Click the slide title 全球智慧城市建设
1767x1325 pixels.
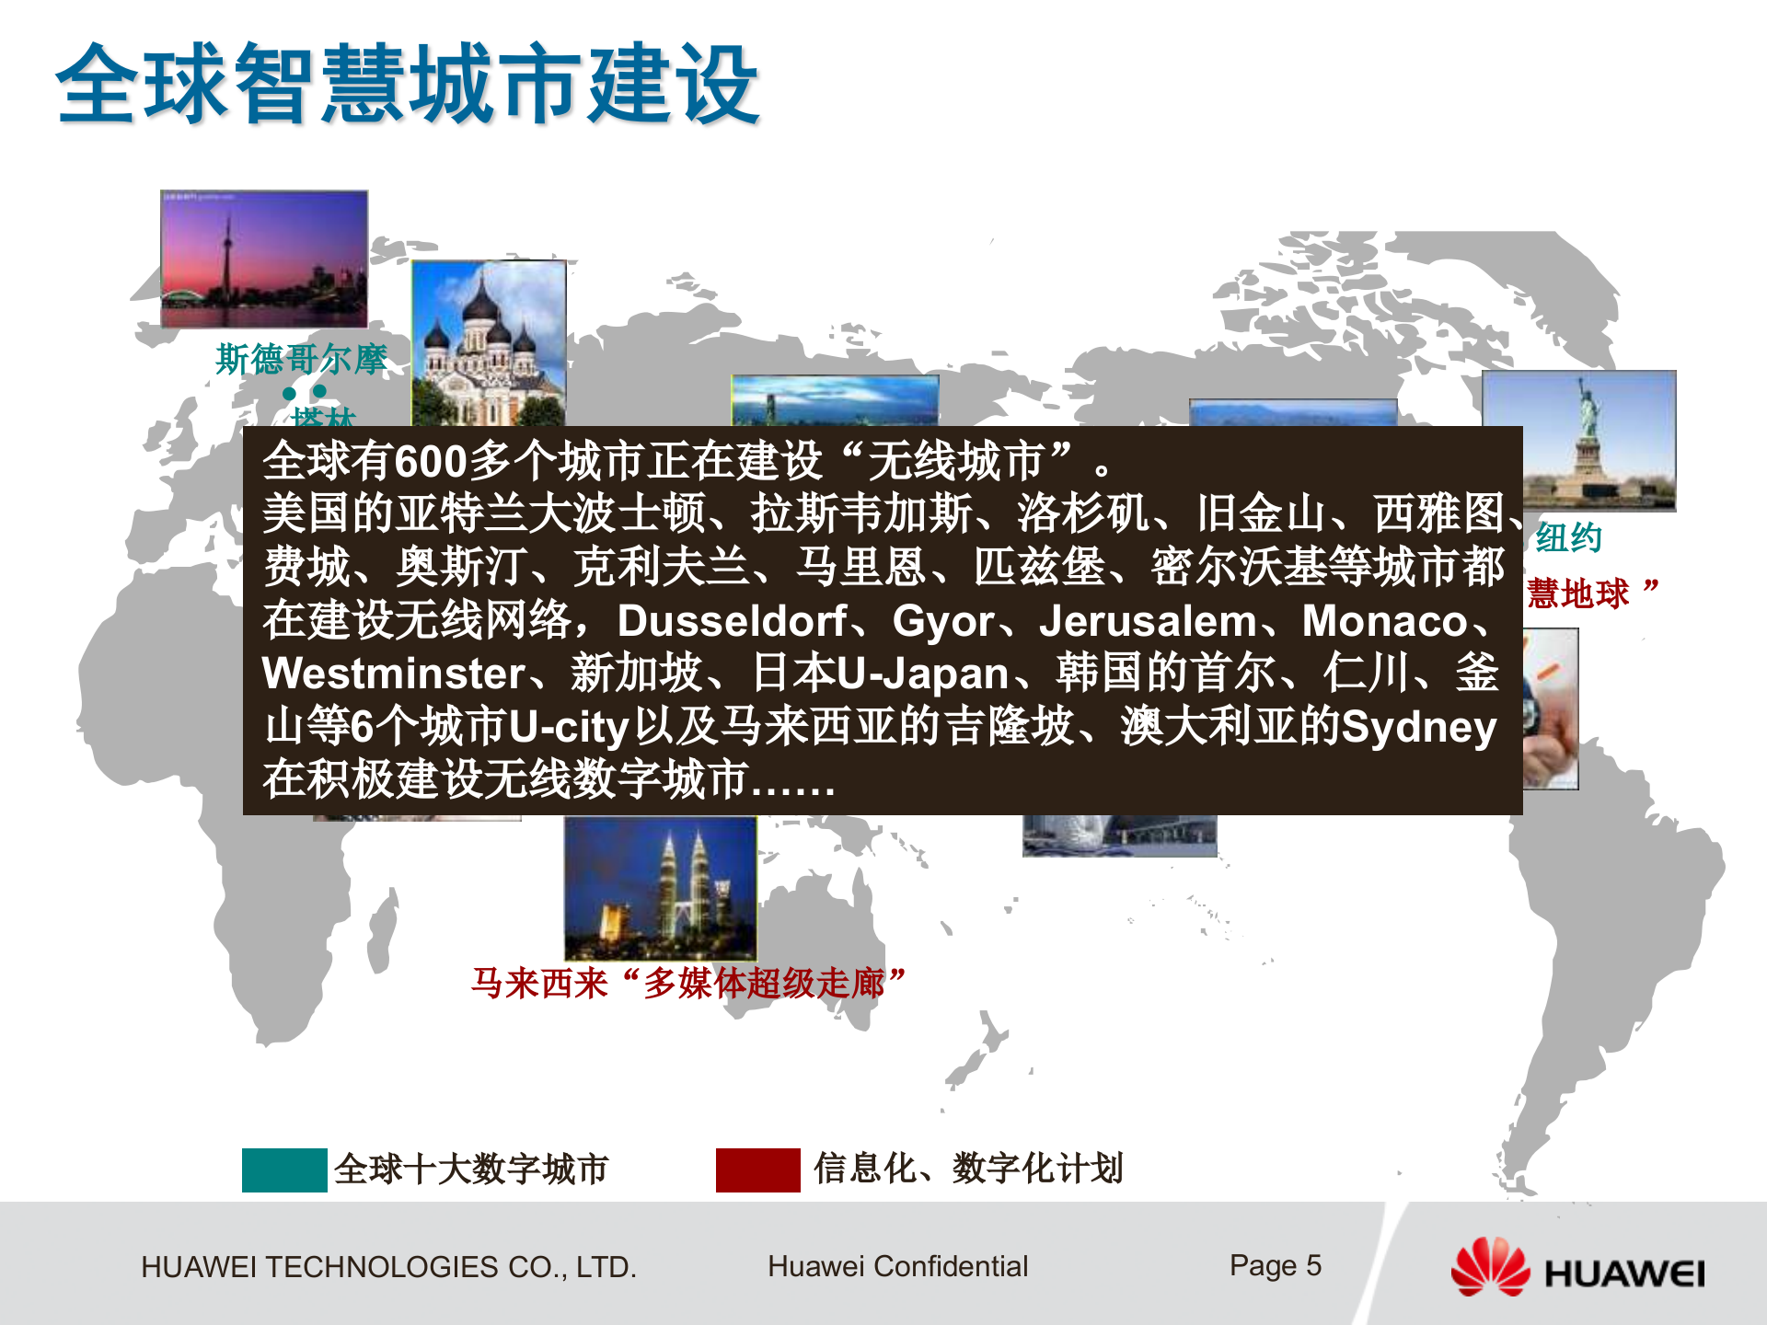pos(408,85)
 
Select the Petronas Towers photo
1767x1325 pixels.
pos(661,888)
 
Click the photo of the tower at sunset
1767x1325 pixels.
pos(264,259)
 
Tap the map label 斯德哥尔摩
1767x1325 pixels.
pos(301,359)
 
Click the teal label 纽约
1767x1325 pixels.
pos(1568,538)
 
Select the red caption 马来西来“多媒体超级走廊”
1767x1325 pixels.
pos(688,983)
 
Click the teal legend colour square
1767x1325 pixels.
pos(284,1169)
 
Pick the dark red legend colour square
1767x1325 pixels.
pos(757,1169)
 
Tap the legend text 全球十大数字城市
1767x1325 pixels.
pos(471,1169)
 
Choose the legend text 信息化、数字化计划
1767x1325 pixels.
pos(968,1169)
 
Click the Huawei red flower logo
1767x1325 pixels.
pos(1489,1268)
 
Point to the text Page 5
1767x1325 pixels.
pos(1275,1266)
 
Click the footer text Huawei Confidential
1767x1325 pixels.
pos(897,1267)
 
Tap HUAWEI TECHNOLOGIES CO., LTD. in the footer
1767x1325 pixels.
pos(388,1268)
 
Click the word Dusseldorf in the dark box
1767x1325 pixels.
pos(732,621)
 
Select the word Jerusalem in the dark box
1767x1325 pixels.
pos(1148,621)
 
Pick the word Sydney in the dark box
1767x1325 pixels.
pos(1418,728)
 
